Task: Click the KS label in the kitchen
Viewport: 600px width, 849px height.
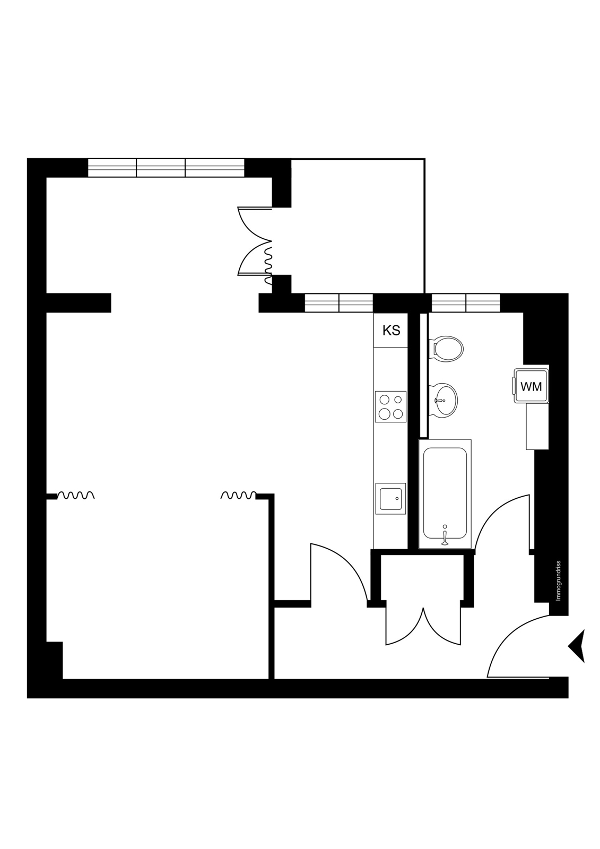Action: (x=391, y=331)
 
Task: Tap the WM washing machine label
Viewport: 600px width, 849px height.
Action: (x=531, y=387)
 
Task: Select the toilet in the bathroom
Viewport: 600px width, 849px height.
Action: (x=446, y=348)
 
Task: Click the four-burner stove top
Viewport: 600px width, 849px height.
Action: (x=390, y=406)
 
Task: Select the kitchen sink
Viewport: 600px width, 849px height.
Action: (x=390, y=498)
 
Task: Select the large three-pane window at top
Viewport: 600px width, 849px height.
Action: (x=166, y=168)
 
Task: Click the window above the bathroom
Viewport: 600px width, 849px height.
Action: (x=466, y=303)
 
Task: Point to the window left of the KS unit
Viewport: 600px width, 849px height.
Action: (x=339, y=303)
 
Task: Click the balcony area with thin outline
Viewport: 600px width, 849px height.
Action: (x=358, y=226)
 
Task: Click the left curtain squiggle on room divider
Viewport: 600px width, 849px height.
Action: (x=75, y=496)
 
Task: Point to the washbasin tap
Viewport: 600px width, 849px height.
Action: (x=440, y=400)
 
